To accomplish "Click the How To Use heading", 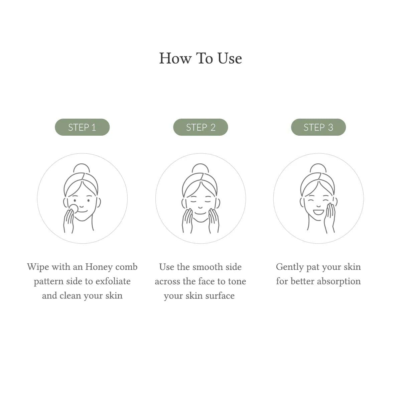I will pyautogui.click(x=200, y=58).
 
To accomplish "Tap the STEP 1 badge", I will pyautogui.click(x=82, y=127).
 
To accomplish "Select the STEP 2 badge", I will pyautogui.click(x=200, y=127).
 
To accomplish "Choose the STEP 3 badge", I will pyautogui.click(x=318, y=127).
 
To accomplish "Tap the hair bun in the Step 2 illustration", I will pyautogui.click(x=200, y=168).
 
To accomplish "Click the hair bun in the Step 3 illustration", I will pyautogui.click(x=318, y=168).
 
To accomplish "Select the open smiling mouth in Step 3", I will pyautogui.click(x=318, y=211).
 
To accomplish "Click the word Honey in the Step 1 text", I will pyautogui.click(x=99, y=267).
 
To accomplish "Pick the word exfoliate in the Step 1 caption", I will pyautogui.click(x=113, y=281).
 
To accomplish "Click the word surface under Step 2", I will pyautogui.click(x=220, y=296).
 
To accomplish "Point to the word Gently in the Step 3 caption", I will pyautogui.click(x=289, y=267).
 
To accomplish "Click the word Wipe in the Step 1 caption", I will pyautogui.click(x=38, y=267).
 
